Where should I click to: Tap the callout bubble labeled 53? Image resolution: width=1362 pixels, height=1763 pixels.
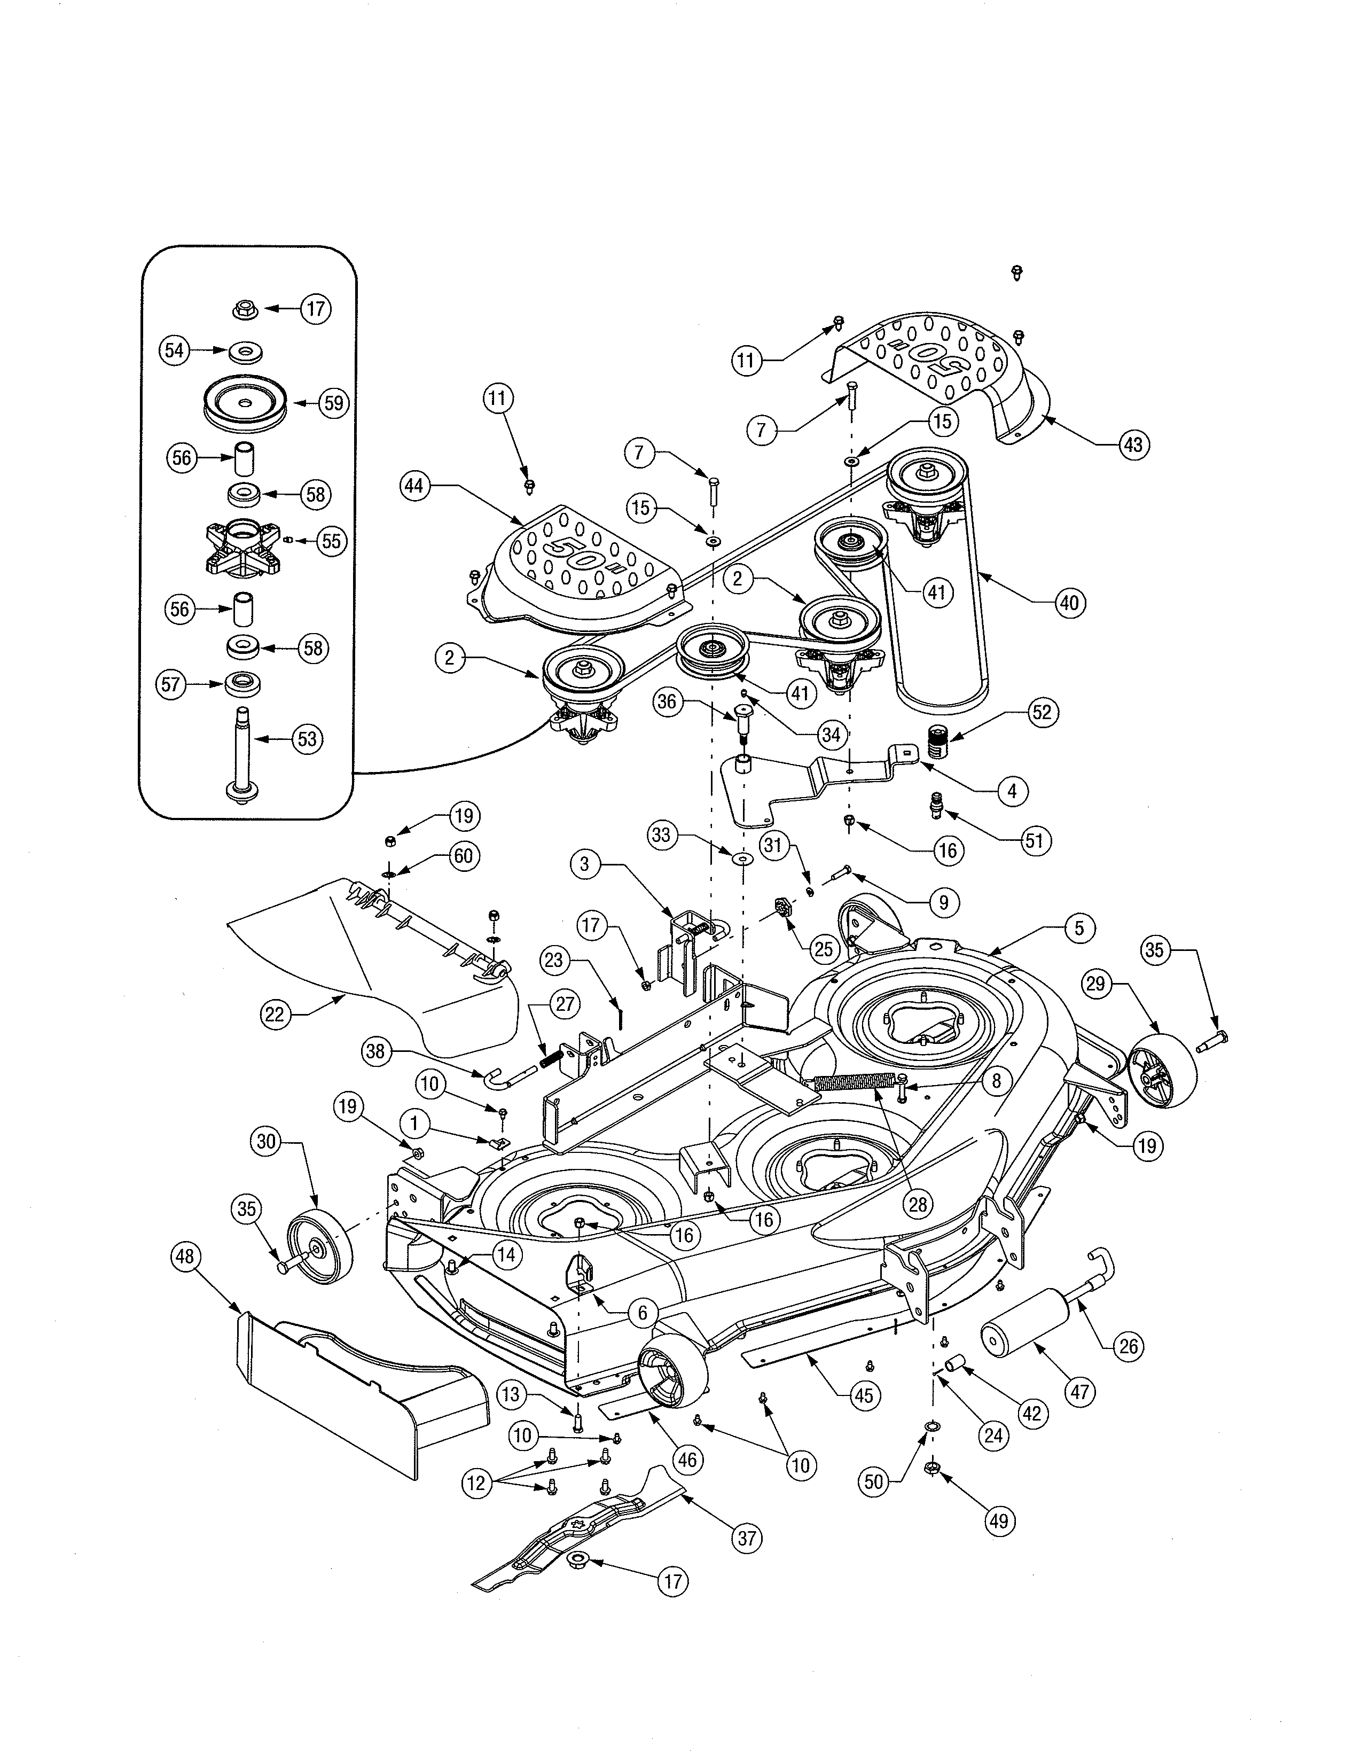tap(307, 739)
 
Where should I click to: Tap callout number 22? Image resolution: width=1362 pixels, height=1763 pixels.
tap(275, 1014)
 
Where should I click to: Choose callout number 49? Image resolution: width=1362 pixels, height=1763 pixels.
tap(999, 1521)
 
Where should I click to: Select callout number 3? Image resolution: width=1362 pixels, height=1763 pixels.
tap(585, 864)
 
